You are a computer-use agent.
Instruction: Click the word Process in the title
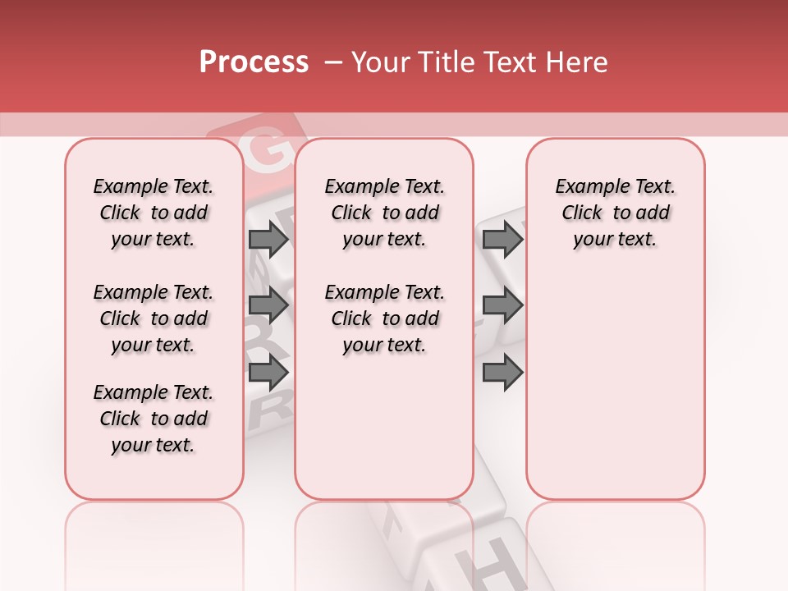tap(254, 62)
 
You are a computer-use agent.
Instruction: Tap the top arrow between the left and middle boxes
tap(268, 239)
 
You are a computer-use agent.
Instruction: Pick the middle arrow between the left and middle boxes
tap(268, 305)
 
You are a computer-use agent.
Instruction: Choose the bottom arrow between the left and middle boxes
tap(268, 373)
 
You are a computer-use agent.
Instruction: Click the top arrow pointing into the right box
tap(502, 239)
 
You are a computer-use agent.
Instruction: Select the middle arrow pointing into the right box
tap(502, 305)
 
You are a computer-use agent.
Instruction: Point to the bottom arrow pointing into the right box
tap(502, 373)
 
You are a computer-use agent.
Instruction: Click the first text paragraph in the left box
tap(153, 213)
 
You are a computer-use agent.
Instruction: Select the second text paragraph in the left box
tap(153, 318)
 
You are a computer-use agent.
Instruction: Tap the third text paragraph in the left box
tap(153, 419)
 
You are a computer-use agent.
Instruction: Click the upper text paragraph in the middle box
tap(384, 213)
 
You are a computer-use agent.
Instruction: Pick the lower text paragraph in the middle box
tap(384, 318)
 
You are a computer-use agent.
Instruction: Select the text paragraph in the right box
tap(616, 213)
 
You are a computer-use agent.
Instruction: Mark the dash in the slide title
tap(333, 62)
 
